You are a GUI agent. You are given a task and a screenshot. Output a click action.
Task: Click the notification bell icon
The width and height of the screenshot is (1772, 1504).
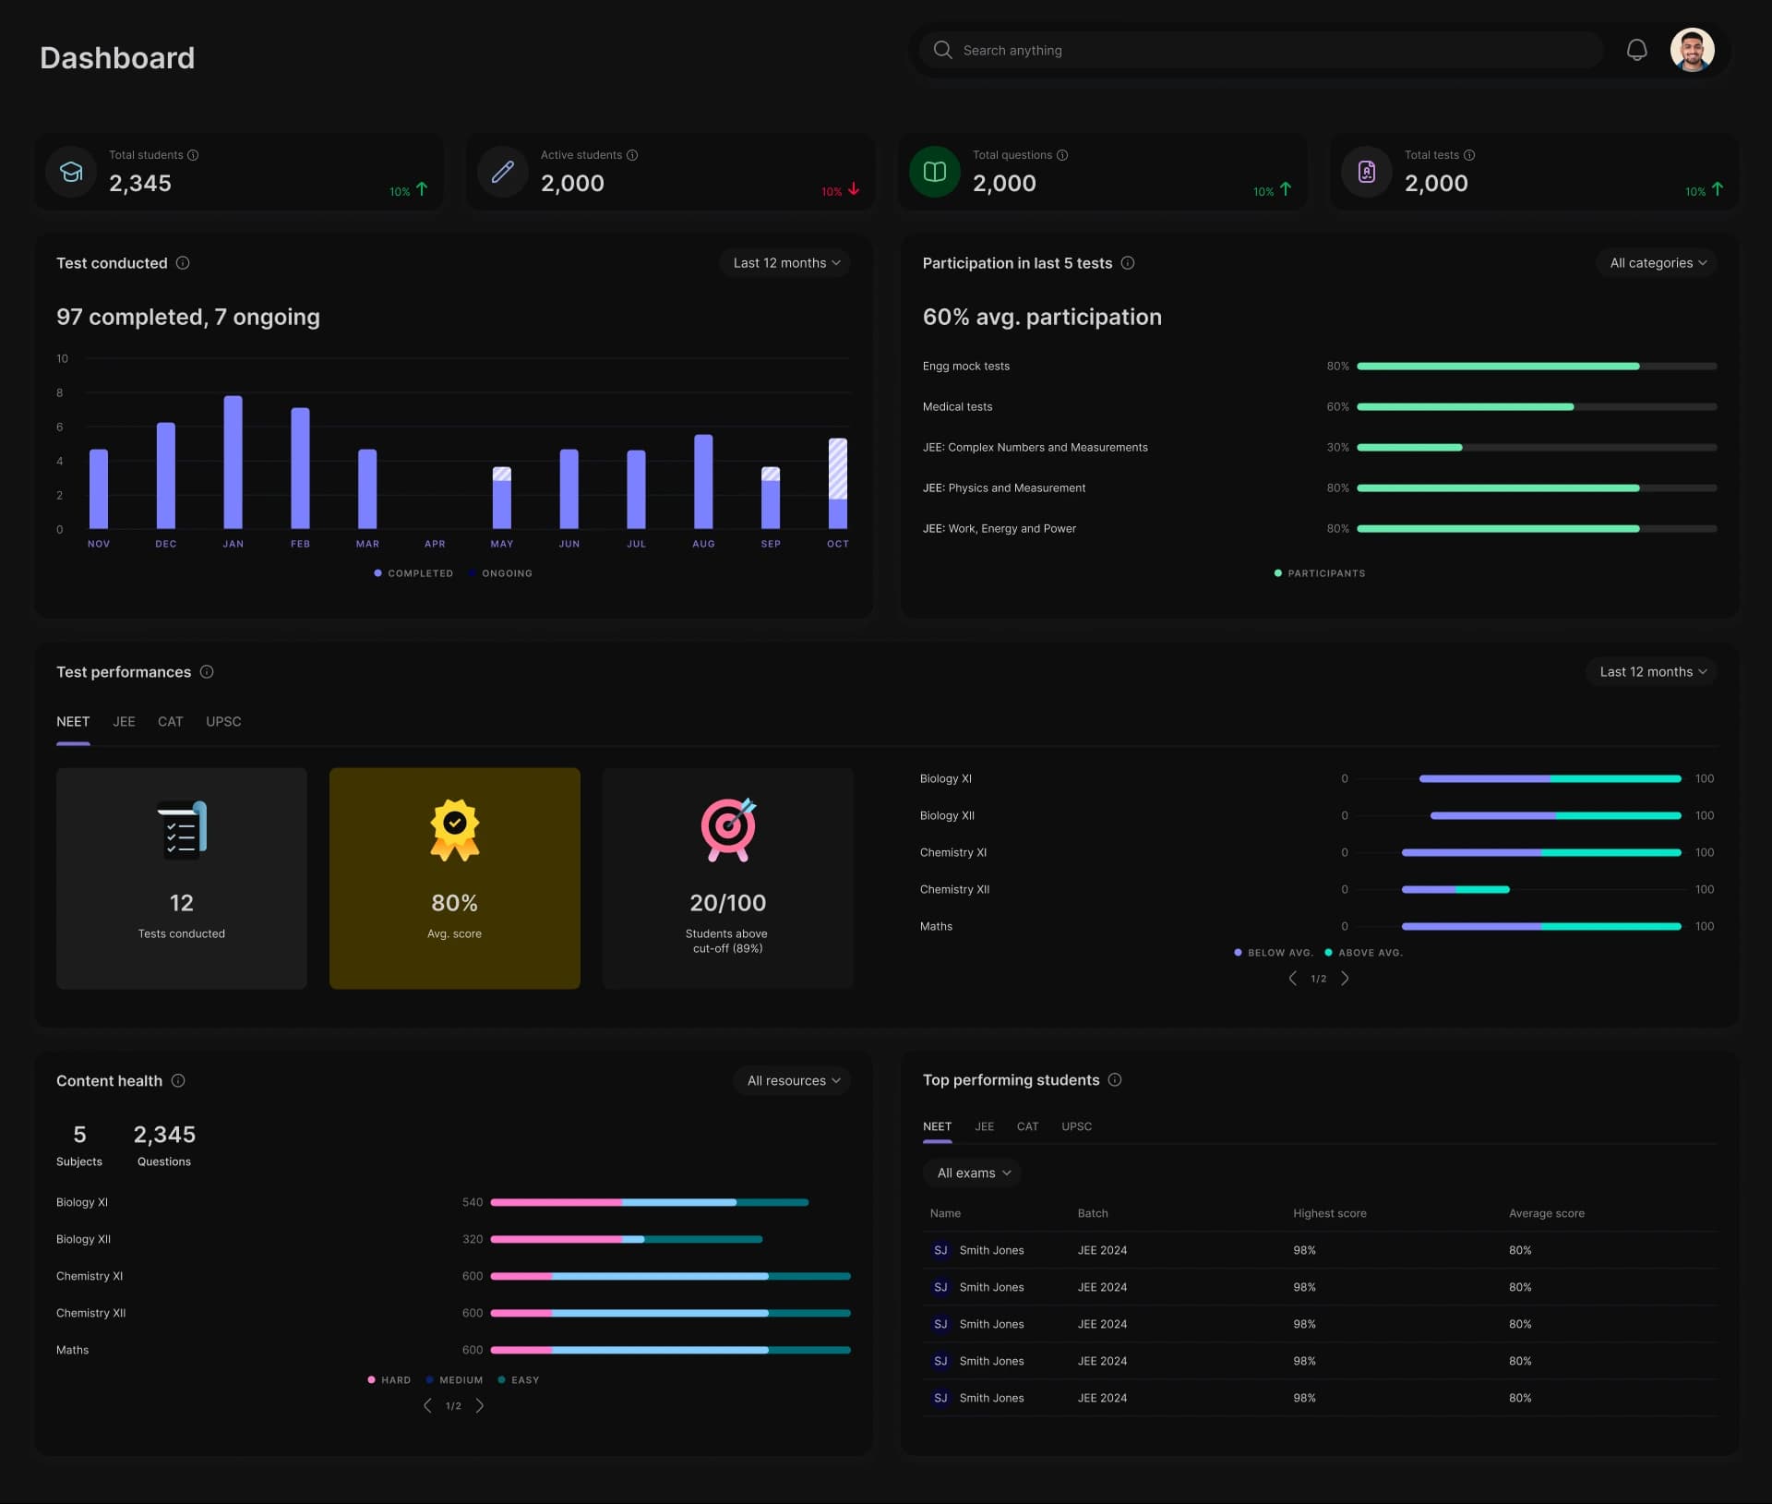(1636, 50)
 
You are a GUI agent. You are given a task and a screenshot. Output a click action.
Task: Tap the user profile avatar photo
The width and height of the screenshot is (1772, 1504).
(1692, 50)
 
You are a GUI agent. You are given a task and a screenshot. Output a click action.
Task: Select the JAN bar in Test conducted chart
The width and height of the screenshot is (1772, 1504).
(233, 462)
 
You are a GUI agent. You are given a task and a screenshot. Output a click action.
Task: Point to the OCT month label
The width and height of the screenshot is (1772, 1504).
(837, 544)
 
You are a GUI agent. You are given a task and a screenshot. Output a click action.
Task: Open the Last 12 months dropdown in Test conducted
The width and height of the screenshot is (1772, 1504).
(785, 263)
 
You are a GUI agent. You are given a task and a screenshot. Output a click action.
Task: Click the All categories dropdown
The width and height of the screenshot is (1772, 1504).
(1657, 263)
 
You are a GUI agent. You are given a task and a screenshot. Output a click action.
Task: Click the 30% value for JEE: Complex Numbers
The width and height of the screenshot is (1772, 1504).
(1337, 448)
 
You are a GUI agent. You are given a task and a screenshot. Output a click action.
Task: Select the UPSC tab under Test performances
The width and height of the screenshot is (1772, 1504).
(223, 722)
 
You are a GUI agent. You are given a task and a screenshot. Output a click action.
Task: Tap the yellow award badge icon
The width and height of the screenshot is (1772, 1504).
(454, 829)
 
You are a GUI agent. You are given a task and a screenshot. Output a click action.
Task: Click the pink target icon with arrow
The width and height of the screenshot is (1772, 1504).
(727, 829)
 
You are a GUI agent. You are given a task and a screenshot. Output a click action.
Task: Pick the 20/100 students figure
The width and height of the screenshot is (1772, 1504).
(727, 903)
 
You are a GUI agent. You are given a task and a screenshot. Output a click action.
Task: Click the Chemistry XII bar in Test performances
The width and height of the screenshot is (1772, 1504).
(1455, 889)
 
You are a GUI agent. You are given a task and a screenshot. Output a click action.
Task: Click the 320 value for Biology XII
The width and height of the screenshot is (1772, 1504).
(473, 1239)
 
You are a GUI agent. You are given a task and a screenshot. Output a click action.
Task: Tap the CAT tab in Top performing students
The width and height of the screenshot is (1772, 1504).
(1027, 1126)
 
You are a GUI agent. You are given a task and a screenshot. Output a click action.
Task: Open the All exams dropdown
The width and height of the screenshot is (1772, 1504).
(973, 1173)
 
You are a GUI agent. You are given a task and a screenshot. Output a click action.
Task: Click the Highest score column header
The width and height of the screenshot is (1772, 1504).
(1329, 1213)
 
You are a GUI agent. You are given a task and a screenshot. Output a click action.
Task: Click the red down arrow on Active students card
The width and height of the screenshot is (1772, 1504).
(854, 189)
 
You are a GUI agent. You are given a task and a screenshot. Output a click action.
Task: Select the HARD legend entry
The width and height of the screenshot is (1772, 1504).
(389, 1379)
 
